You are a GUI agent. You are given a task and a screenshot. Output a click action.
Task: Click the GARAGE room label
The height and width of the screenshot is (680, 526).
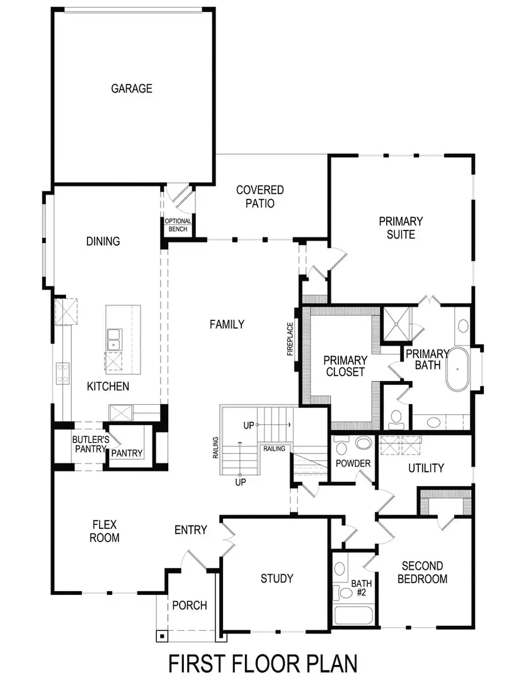click(x=132, y=89)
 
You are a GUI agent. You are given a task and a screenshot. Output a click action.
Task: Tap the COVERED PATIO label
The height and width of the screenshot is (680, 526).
click(x=260, y=196)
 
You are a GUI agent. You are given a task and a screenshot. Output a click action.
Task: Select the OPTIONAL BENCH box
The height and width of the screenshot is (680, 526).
click(x=178, y=225)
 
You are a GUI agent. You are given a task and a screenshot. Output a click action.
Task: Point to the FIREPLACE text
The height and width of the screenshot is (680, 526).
click(x=290, y=339)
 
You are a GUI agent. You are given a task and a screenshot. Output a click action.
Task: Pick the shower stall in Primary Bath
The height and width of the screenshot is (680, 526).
click(x=397, y=322)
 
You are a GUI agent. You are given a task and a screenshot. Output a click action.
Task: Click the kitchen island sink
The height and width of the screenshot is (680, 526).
click(x=114, y=339)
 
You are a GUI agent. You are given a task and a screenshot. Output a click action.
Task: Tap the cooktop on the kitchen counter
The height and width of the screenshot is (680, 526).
click(x=63, y=372)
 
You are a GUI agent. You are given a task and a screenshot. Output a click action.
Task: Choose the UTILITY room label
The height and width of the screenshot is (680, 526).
click(x=426, y=468)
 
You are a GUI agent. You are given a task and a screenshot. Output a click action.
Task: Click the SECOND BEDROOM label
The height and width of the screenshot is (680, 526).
click(x=422, y=572)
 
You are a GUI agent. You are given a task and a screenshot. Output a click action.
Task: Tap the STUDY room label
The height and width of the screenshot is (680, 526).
click(x=277, y=578)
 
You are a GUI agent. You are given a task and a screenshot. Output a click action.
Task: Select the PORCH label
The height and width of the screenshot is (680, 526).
click(x=189, y=605)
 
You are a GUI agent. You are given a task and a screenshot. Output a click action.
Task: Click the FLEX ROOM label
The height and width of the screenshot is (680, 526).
click(x=105, y=531)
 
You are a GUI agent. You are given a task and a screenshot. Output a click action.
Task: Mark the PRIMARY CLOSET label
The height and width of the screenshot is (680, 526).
click(x=345, y=366)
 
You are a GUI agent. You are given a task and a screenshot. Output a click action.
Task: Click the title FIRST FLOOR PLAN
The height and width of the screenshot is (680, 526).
click(x=263, y=664)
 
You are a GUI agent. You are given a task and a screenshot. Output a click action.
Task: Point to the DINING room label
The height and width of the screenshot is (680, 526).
click(x=103, y=241)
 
